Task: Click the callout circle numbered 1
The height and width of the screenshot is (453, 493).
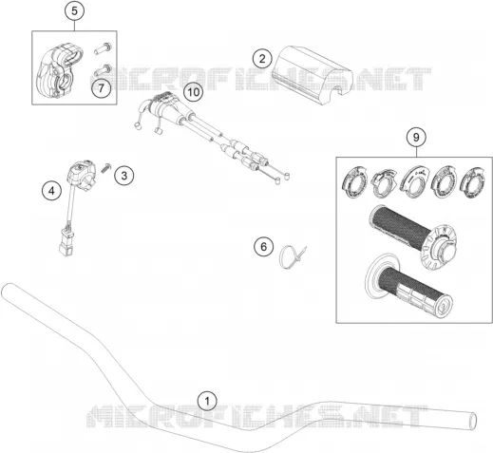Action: [x=207, y=402]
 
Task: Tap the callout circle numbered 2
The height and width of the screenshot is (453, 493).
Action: [x=262, y=59]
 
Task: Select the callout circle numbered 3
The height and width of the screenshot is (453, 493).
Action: [x=124, y=176]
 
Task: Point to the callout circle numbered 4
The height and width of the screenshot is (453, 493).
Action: [x=51, y=191]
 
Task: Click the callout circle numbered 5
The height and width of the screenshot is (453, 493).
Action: [x=74, y=11]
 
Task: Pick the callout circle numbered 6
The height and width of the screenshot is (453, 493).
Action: [x=264, y=246]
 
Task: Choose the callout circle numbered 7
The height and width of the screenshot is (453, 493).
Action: [x=101, y=88]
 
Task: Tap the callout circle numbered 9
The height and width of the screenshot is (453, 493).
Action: [x=416, y=138]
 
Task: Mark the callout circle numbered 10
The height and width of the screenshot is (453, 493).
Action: [x=194, y=92]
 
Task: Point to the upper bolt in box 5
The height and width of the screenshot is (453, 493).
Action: [x=104, y=48]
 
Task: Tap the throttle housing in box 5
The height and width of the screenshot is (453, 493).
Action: [x=59, y=71]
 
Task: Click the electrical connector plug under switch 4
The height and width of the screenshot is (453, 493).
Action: [x=66, y=243]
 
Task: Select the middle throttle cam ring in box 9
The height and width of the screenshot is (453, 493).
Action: [x=415, y=182]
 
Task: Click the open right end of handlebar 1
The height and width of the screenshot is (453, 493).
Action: [x=472, y=421]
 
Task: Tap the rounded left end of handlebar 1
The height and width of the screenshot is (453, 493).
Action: [x=7, y=290]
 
